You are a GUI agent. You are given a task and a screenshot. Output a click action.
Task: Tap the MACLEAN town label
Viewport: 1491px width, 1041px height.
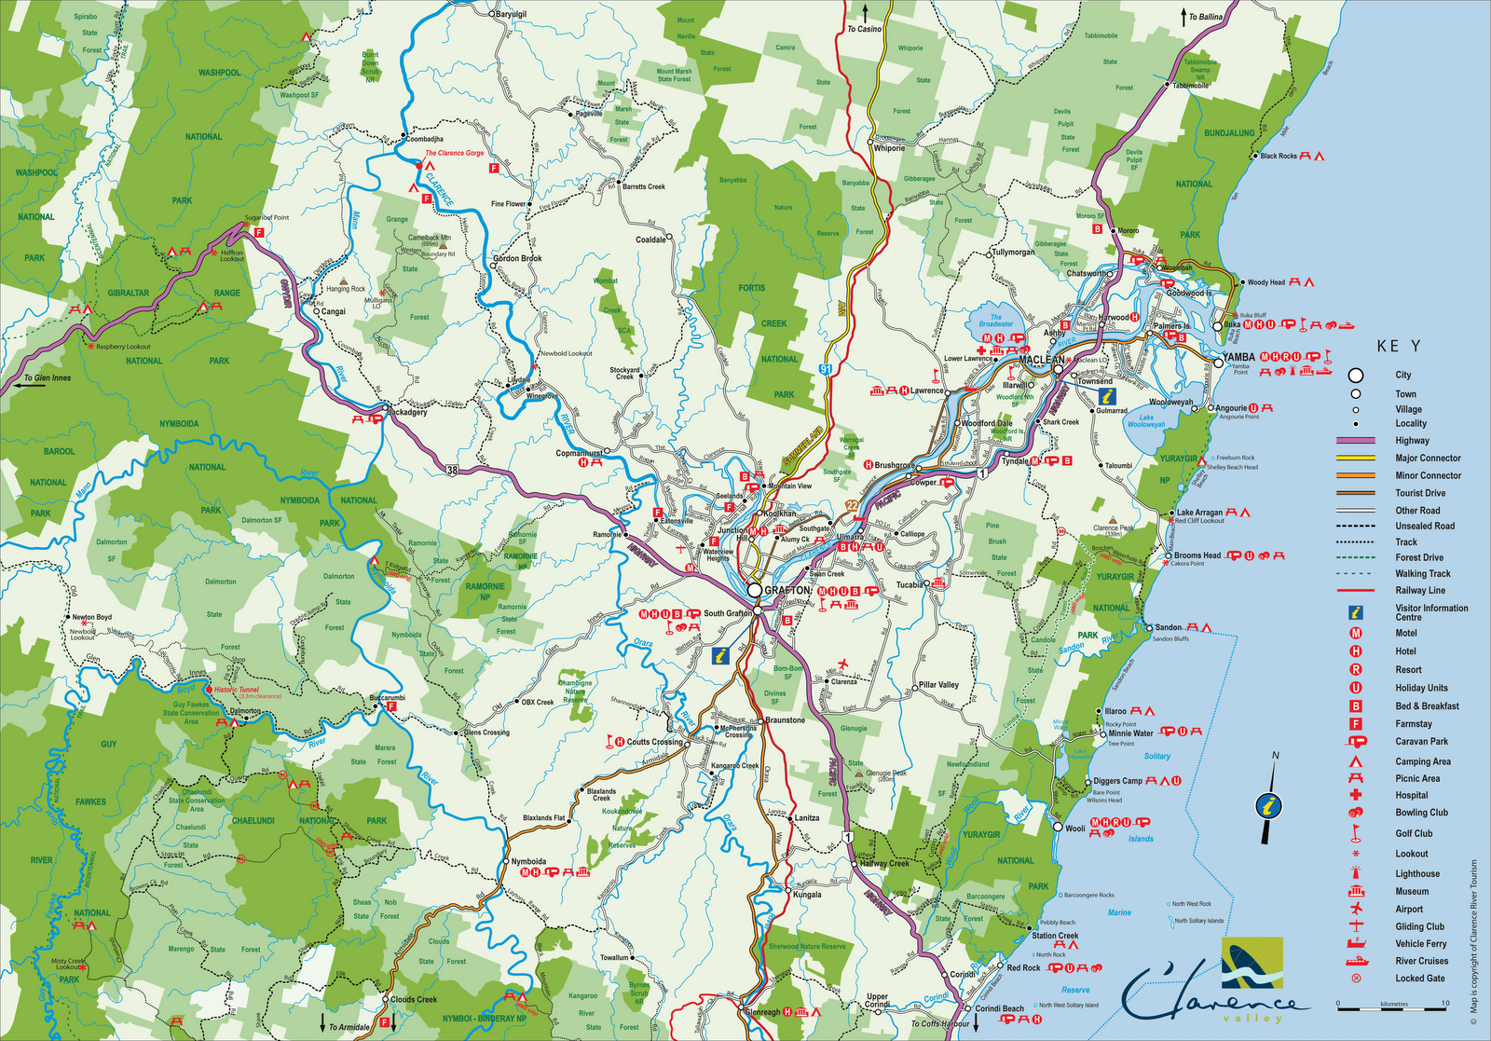[1041, 360]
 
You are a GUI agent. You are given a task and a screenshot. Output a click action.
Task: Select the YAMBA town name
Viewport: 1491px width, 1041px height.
[1238, 357]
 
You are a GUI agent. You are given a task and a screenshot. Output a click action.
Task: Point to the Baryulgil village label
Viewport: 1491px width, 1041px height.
[511, 14]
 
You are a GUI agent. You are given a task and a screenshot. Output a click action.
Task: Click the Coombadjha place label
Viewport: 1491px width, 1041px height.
[424, 139]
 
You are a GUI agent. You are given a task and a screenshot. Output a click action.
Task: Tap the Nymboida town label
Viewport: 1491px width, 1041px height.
[528, 861]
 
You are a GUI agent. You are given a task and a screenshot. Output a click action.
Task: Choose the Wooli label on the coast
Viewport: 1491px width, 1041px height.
[1074, 828]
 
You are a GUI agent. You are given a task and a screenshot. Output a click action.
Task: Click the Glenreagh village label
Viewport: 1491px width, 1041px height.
[763, 1012]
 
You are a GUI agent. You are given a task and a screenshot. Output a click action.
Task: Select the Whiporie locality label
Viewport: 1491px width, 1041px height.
[889, 148]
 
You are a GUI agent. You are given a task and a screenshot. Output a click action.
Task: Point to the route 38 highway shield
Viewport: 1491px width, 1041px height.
[452, 469]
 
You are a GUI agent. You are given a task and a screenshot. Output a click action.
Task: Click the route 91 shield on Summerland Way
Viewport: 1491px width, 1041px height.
[826, 369]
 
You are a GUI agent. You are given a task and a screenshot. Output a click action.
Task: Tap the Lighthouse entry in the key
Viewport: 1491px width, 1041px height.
[1417, 874]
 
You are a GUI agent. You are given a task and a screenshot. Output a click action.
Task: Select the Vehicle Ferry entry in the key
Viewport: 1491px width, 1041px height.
[1421, 944]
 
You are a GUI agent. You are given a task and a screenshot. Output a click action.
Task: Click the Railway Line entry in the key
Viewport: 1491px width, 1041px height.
[1420, 590]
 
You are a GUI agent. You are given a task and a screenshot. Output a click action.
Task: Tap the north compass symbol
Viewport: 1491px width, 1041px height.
[1268, 803]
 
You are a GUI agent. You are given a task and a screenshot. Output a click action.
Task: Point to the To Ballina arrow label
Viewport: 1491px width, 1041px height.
[1205, 17]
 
